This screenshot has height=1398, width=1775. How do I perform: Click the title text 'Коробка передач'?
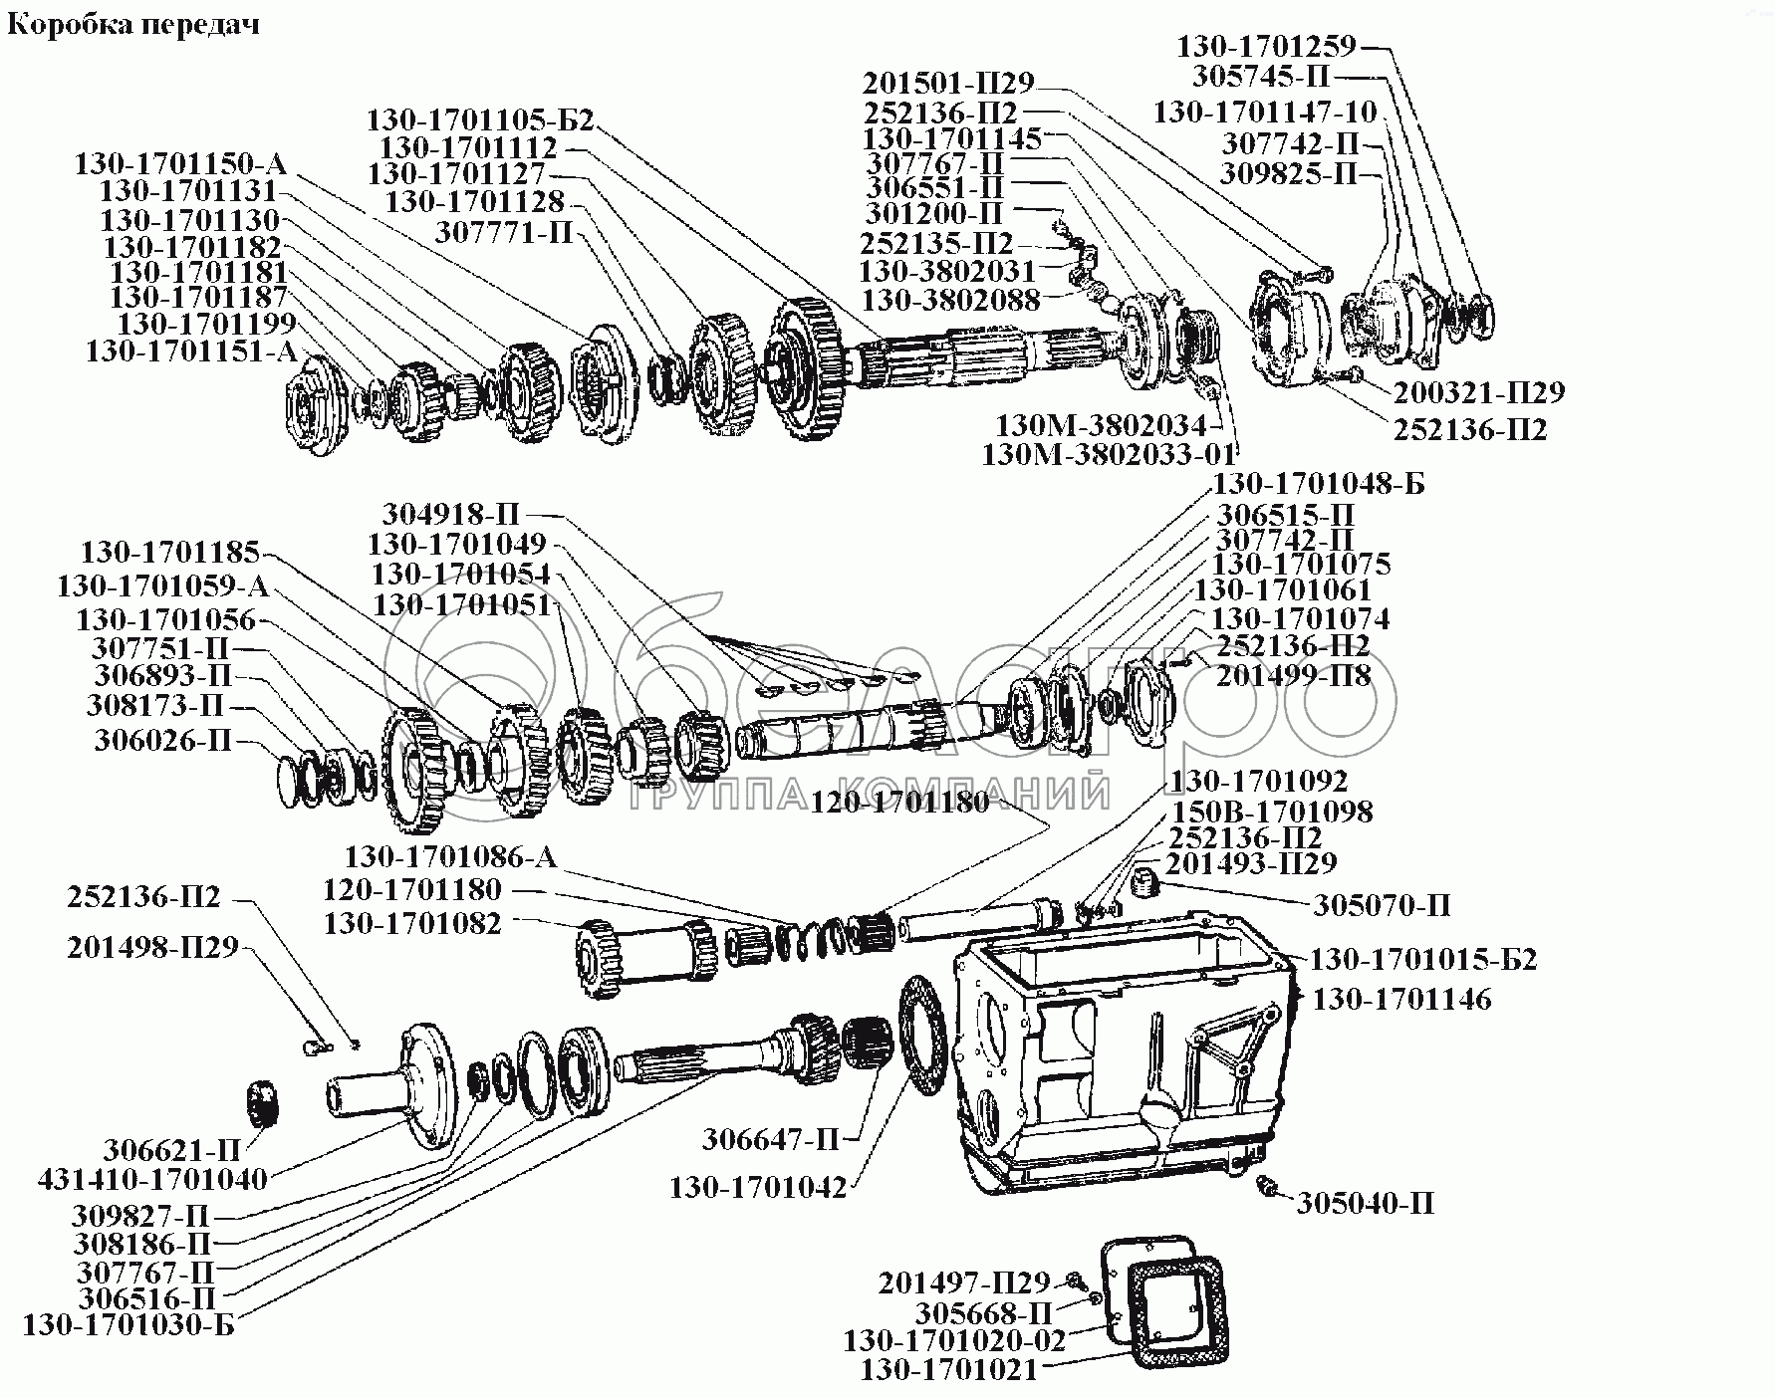coord(133,24)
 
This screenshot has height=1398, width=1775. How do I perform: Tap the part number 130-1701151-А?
coord(191,351)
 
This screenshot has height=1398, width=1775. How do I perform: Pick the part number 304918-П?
coord(451,515)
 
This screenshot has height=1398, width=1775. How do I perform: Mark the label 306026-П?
coord(163,741)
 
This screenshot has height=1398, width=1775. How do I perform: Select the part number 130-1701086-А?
coord(451,857)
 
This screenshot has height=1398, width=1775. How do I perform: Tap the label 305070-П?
coord(1382,905)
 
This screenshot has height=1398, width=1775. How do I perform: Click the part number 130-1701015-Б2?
coord(1422,960)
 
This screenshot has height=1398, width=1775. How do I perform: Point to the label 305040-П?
coord(1366,1204)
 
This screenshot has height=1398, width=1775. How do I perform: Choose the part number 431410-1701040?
coord(152,1180)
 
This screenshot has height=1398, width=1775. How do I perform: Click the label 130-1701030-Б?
coord(128,1326)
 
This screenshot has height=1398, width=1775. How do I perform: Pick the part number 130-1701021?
coord(948,1370)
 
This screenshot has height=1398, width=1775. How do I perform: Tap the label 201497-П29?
coord(963,1282)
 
